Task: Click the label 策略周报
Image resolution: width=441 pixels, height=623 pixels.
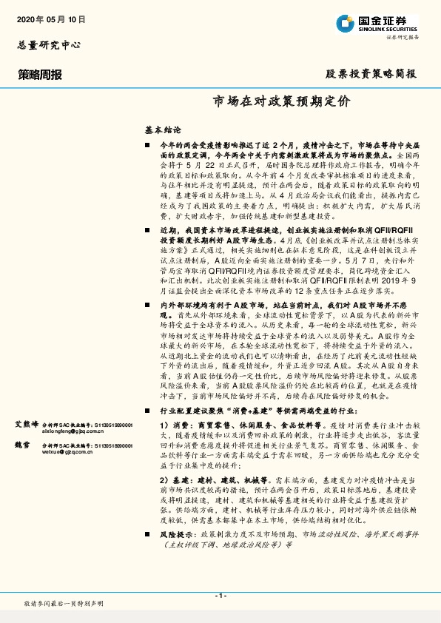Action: [40, 75]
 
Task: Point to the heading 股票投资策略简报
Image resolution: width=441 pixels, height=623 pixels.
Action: [371, 75]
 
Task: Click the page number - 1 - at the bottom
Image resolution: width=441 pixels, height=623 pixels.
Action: [220, 596]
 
